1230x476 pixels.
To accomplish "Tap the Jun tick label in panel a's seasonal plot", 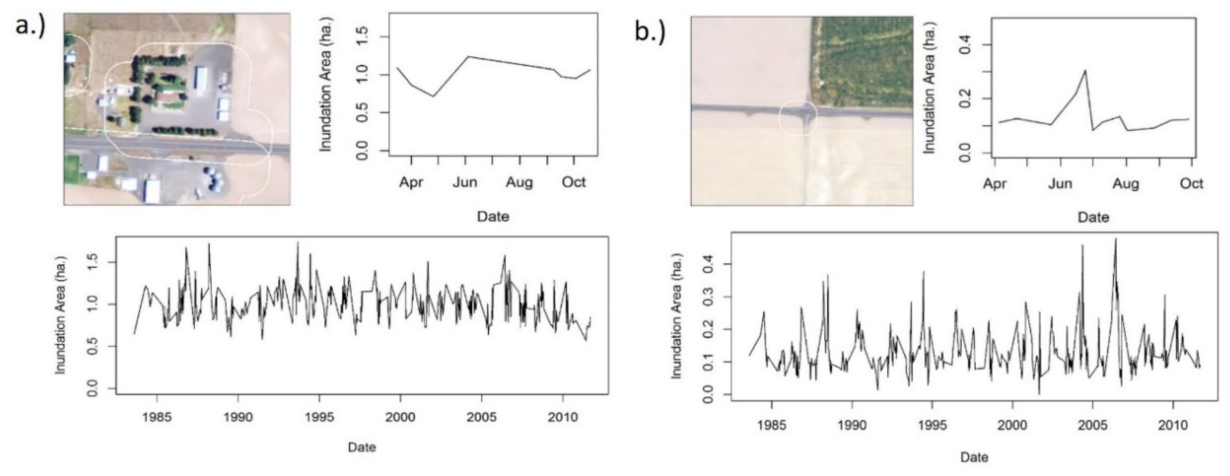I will tap(465, 182).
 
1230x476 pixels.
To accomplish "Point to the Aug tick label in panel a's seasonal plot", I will tap(519, 182).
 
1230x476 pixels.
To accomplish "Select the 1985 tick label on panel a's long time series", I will tap(157, 417).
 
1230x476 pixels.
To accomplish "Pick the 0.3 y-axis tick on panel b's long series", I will tap(709, 296).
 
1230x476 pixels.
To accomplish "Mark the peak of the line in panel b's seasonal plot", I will tap(1085, 71).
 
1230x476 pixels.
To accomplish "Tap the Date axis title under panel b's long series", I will tap(974, 457).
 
